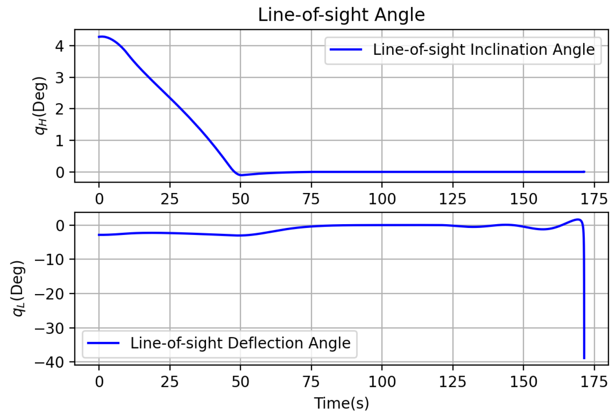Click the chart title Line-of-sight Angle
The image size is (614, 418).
[341, 15]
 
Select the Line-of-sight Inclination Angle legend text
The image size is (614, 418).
[484, 49]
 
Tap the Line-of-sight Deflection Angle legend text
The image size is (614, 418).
[240, 343]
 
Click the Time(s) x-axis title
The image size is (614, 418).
[341, 403]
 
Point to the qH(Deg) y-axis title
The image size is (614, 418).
[40, 106]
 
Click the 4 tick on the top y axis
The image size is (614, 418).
[60, 46]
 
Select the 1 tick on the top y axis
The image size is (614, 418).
[60, 141]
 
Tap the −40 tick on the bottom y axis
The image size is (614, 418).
[50, 362]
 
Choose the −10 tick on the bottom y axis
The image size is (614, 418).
[50, 260]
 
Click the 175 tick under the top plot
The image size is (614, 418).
[594, 199]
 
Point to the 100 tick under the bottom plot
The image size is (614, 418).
[382, 382]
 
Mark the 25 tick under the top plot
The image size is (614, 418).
[169, 199]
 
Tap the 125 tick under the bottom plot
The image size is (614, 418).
[452, 382]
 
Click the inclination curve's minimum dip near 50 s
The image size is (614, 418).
[241, 175]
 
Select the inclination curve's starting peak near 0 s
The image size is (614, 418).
[102, 37]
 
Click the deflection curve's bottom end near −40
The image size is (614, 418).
[584, 358]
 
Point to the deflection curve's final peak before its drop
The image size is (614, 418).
[578, 219]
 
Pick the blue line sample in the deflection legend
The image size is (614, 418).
[103, 343]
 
